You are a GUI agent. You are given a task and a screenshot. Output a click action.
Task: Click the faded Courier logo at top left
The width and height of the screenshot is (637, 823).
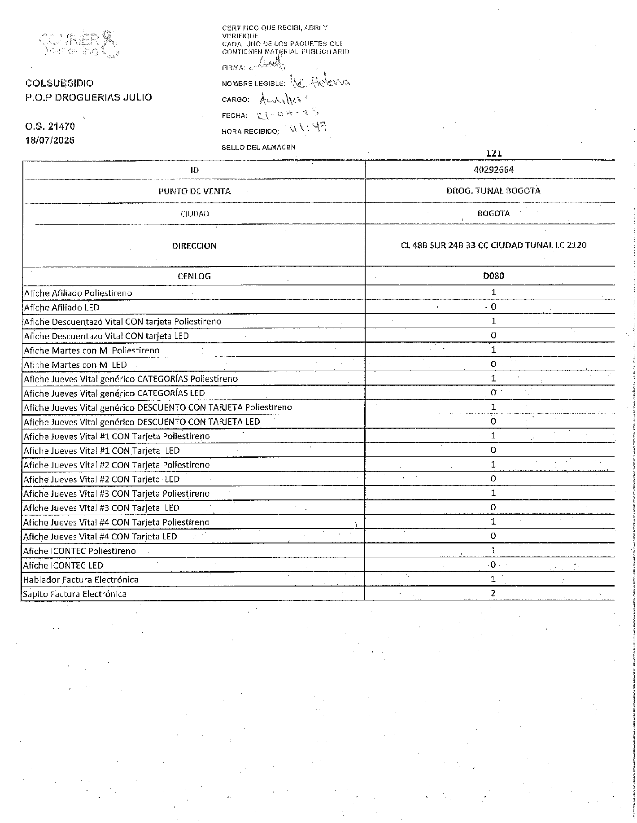tap(80, 44)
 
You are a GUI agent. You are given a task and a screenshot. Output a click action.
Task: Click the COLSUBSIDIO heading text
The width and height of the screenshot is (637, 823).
tap(60, 83)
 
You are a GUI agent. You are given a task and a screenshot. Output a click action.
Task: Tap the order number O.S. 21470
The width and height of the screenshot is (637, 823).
tap(50, 127)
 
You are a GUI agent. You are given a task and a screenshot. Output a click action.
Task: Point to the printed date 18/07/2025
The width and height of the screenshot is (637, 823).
tap(50, 140)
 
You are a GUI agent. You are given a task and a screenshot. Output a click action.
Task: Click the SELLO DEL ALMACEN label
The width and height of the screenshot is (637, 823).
tap(259, 147)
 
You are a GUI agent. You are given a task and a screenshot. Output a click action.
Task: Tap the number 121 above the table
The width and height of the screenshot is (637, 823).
tap(493, 153)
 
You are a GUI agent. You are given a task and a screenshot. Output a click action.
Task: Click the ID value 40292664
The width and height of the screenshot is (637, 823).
tap(493, 170)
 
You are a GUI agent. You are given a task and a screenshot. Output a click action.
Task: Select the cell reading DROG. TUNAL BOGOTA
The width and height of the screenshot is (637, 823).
tap(493, 191)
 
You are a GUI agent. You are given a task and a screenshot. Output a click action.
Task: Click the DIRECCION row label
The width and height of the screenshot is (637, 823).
tap(194, 246)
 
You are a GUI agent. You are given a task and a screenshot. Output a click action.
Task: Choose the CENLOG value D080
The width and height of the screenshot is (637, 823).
tap(493, 276)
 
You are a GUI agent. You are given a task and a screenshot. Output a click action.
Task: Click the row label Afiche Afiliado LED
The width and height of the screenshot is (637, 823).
tap(61, 307)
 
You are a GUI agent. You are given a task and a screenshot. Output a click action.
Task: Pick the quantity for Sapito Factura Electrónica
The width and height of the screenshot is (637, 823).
tap(493, 593)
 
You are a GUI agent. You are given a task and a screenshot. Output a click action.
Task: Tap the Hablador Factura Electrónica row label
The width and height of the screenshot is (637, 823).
tap(81, 580)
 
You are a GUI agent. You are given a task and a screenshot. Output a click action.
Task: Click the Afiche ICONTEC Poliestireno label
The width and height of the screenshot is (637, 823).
tap(79, 551)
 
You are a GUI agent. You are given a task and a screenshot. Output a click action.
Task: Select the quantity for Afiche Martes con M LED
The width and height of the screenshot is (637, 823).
tap(493, 364)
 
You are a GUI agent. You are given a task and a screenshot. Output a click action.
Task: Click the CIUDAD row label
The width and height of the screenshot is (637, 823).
tap(195, 214)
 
